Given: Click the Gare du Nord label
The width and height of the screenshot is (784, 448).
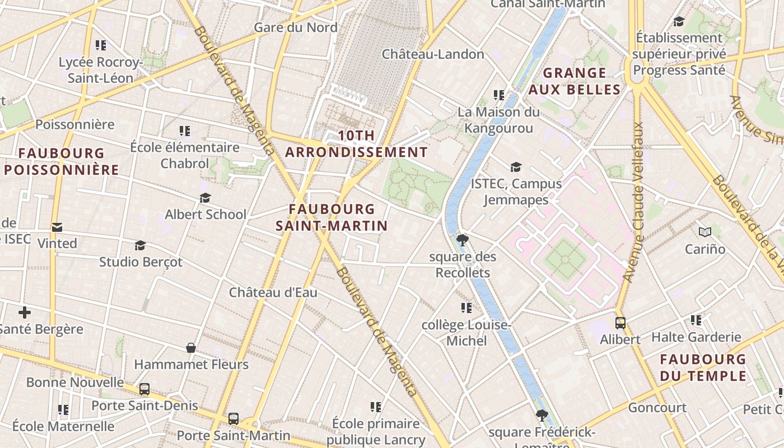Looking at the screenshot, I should point(296,27).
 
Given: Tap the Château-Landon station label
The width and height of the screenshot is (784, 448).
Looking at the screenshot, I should point(433,54).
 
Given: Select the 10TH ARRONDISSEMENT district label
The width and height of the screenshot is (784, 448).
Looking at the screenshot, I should point(357,144).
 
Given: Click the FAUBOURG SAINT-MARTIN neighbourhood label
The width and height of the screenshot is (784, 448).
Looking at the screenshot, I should point(332,217).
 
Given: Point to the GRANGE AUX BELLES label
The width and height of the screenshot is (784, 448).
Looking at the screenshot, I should point(575,81).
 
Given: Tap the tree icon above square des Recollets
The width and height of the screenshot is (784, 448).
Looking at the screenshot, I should point(463,240).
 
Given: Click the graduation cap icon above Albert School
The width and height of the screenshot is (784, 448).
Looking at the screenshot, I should point(206,198).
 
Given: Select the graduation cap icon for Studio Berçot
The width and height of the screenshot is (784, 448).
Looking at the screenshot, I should point(140,245).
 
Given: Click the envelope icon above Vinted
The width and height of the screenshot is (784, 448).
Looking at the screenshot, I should point(57,227).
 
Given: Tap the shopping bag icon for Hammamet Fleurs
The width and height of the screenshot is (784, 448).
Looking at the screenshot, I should point(191,348).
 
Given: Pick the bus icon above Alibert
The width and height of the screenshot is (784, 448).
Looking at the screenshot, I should point(620,323).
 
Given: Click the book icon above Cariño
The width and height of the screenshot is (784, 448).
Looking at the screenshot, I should point(705,231).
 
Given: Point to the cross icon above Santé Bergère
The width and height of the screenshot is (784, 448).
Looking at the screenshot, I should point(25,312).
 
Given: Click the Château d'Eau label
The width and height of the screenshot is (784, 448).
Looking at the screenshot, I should point(273,292).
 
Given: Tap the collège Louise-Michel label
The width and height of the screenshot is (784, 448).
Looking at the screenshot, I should point(466,333).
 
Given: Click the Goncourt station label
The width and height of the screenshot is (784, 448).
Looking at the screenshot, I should point(657,407).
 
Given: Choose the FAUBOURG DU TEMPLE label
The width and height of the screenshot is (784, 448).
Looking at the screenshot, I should point(703,367).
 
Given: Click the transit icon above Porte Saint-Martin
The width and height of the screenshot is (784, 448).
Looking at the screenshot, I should point(234,418).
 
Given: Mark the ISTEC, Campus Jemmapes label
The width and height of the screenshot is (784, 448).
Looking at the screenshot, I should point(516,192).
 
